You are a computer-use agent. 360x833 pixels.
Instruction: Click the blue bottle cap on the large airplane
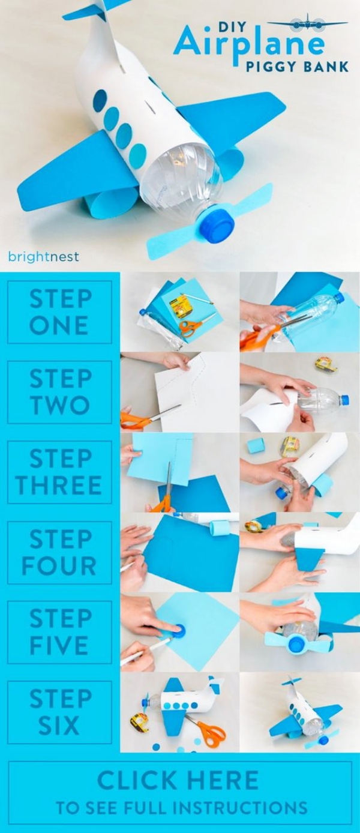tap(217, 226)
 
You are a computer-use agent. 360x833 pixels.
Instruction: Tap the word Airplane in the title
tap(249, 44)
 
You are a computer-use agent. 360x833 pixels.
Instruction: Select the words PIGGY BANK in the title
tap(298, 67)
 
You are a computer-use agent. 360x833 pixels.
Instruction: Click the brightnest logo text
tap(44, 257)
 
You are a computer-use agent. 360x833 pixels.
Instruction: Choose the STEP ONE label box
tap(59, 312)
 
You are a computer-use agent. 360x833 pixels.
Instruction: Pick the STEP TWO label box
tap(59, 392)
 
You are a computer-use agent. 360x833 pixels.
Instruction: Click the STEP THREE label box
tap(59, 472)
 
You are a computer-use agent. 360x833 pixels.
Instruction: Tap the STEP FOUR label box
tap(59, 552)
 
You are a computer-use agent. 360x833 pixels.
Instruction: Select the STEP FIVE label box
tap(59, 632)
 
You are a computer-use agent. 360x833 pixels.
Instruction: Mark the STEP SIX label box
tap(59, 712)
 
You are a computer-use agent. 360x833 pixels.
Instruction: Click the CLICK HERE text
tap(178, 780)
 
